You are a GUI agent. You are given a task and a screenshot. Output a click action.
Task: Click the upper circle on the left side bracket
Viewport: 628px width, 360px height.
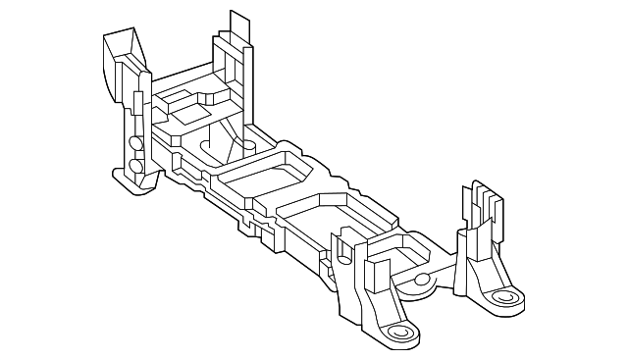click(135, 143)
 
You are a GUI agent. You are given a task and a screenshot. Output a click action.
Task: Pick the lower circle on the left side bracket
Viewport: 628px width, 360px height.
click(136, 165)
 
